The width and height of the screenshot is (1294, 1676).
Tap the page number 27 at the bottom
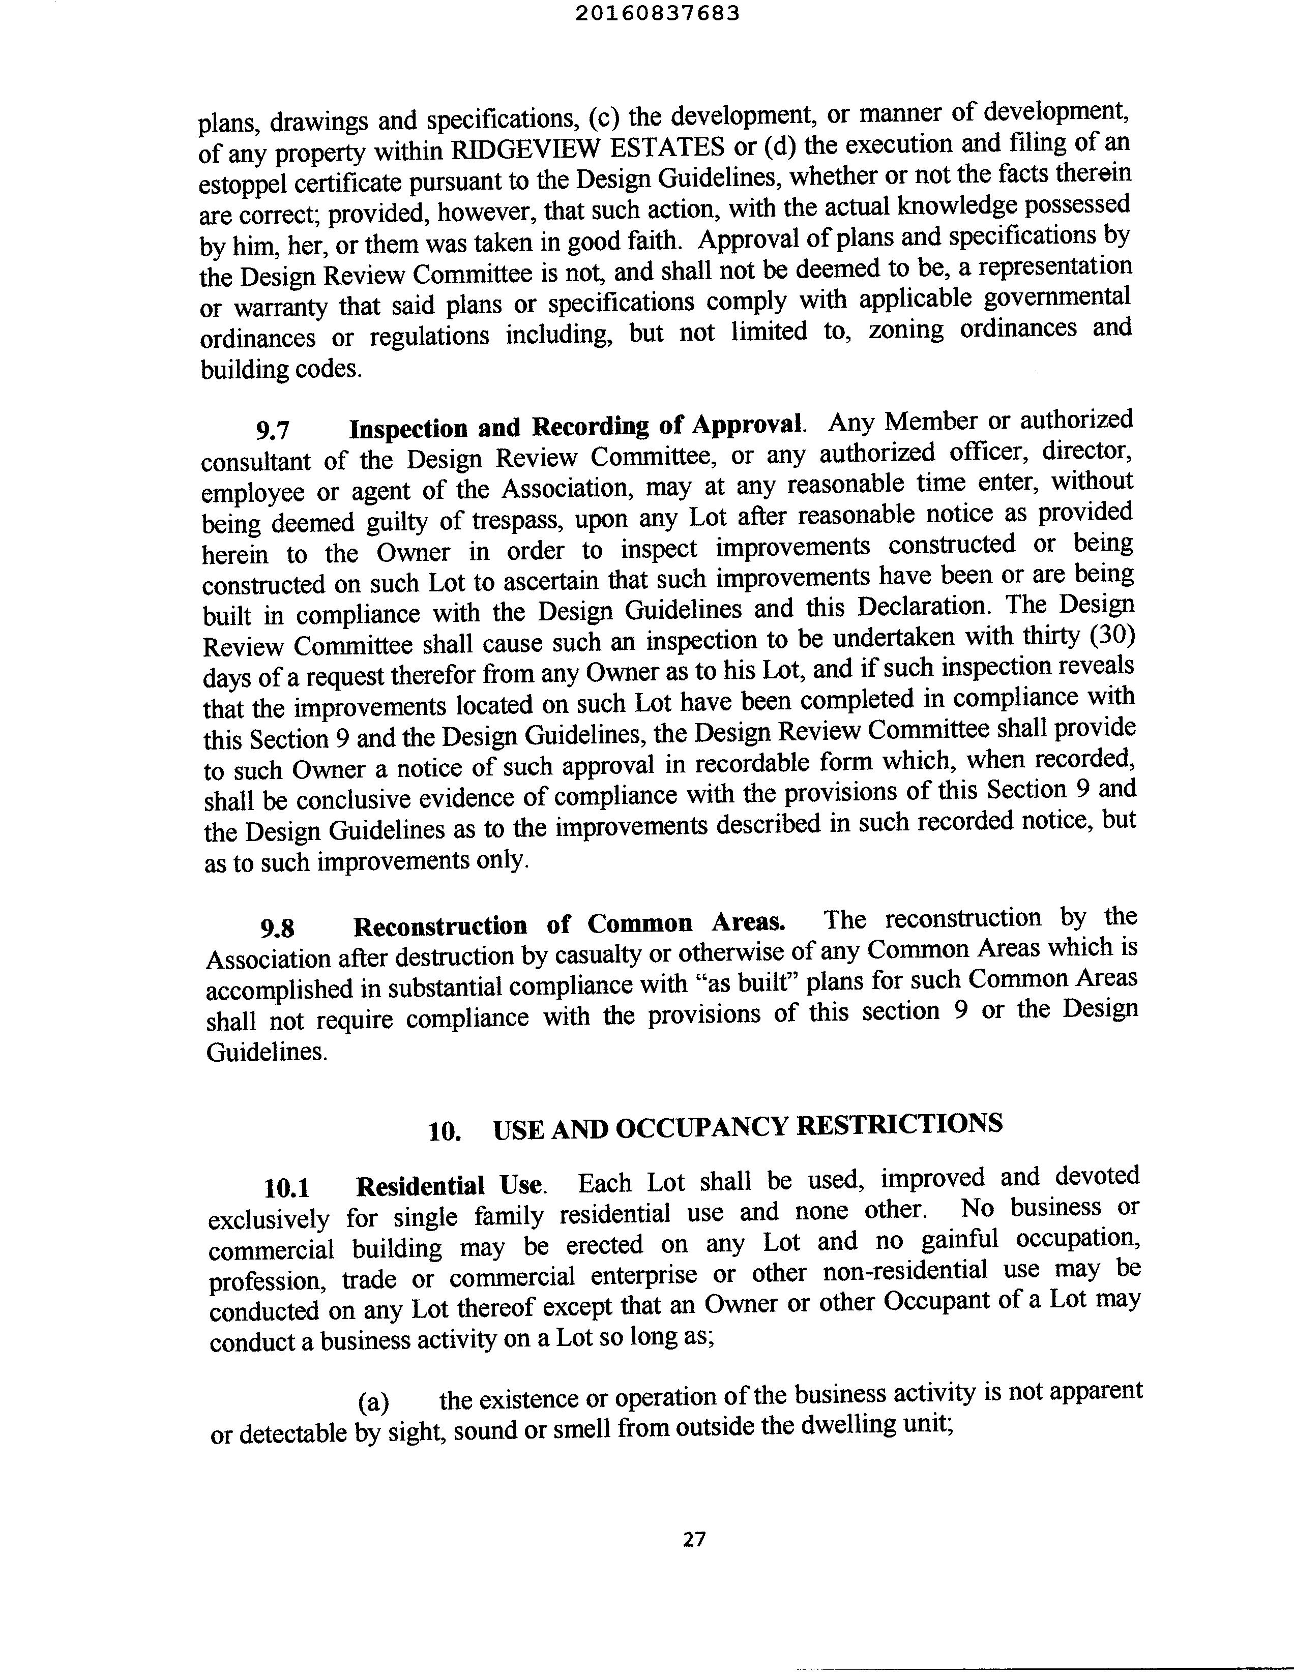coord(694,1539)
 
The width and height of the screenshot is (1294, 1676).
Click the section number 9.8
coord(277,930)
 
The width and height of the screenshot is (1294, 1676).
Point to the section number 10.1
coord(286,1189)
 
